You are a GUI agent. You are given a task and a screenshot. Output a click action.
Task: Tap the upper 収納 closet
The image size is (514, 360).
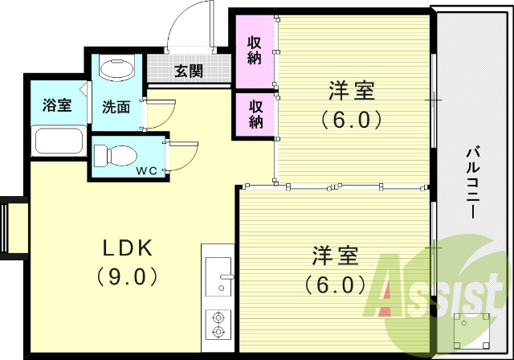click(255, 51)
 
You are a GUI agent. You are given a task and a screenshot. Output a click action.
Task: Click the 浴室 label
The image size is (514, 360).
click(56, 105)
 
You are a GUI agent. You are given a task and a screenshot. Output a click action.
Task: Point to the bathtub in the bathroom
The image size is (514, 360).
click(58, 141)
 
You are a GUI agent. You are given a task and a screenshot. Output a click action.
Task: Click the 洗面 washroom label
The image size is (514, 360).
click(116, 107)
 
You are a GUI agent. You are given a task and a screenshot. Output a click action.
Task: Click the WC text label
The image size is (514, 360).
click(146, 170)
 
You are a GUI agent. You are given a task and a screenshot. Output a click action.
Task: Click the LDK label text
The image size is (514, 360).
click(126, 247)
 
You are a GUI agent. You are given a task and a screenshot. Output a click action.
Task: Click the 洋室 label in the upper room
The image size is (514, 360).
click(352, 90)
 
